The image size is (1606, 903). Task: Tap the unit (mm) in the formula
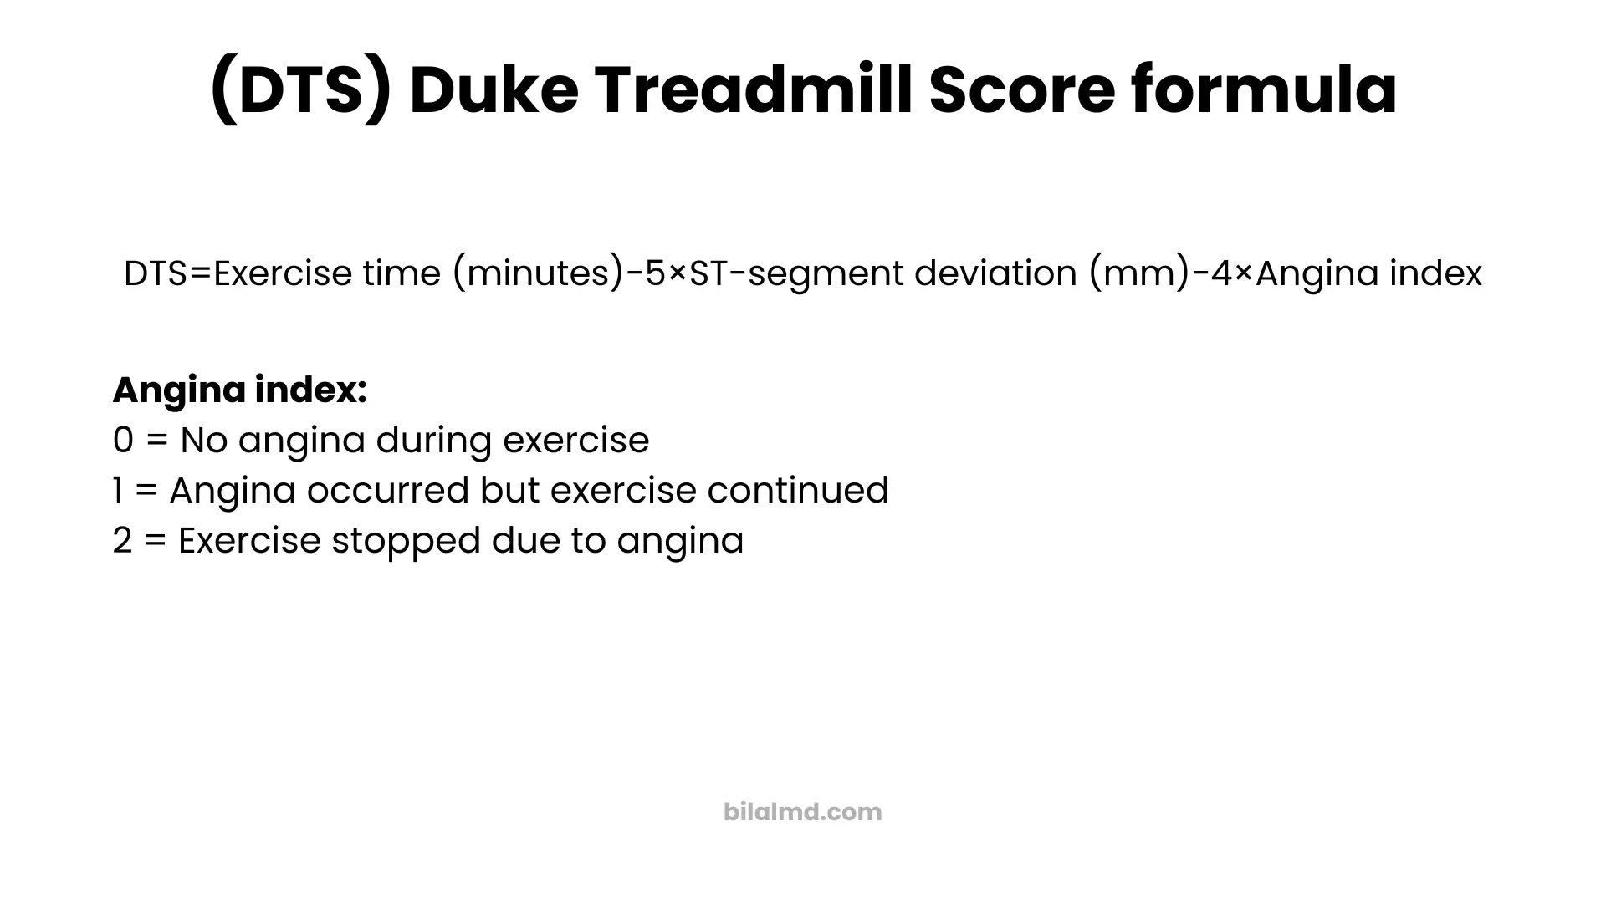pos(1138,273)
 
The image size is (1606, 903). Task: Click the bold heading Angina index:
pos(240,390)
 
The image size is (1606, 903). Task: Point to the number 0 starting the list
pos(123,441)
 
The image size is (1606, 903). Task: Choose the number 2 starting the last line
pos(122,541)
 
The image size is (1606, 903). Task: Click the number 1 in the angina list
pos(117,491)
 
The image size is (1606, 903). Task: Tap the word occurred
pos(387,491)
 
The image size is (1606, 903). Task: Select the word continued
pos(797,491)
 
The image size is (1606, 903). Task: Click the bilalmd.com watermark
pos(803,812)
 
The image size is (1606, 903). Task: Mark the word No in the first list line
pos(204,441)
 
